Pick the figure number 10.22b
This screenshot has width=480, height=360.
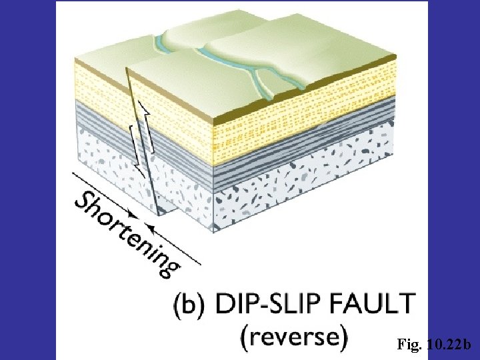[x=448, y=345]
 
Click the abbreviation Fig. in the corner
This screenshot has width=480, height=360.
[x=408, y=345]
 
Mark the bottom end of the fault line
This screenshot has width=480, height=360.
[x=160, y=213]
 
